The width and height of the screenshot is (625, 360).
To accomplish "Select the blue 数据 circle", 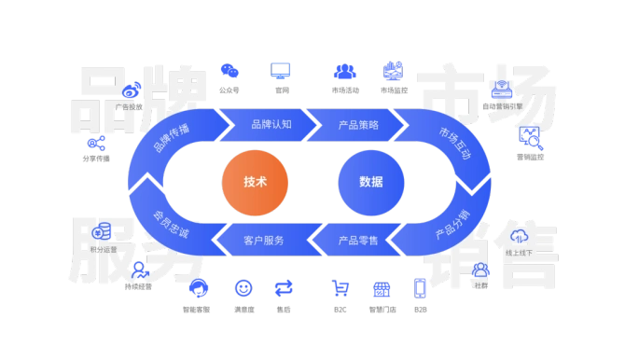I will coord(370,181).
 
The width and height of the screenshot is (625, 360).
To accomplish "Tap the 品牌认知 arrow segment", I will coord(271,124).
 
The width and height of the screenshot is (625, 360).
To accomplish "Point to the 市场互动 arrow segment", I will coord(454,140).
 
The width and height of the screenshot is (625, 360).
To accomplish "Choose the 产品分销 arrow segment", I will coord(451,226).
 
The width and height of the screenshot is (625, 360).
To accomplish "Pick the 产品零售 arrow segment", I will coord(357,240).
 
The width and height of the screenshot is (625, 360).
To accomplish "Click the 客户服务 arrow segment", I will coord(263,240).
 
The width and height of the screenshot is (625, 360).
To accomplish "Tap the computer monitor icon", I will coord(280,71).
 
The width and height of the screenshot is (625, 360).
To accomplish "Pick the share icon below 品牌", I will coord(96,143).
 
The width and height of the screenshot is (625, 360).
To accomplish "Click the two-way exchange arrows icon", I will coord(284,287).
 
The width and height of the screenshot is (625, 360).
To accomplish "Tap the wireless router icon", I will coord(504,90).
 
